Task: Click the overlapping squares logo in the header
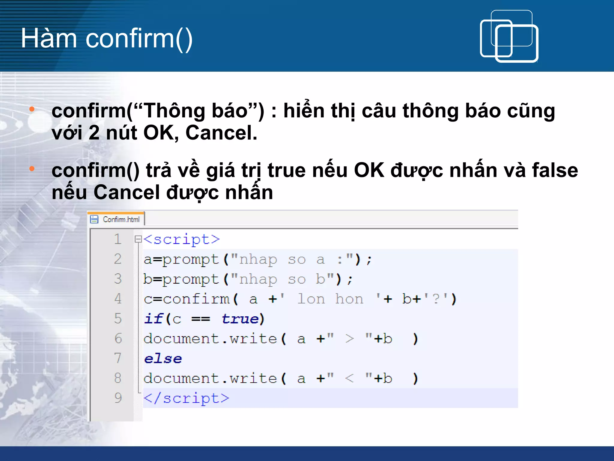tap(509, 37)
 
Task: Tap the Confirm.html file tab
tap(121, 219)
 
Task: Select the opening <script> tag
tap(182, 240)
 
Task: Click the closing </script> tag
tap(186, 398)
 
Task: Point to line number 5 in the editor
tap(118, 318)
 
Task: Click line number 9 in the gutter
tap(118, 398)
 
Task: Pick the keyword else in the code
tap(163, 359)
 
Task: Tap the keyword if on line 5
tap(153, 319)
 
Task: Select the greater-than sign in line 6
tap(349, 339)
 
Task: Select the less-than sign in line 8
tap(349, 378)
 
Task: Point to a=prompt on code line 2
tap(181, 259)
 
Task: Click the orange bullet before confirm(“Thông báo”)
tap(32, 109)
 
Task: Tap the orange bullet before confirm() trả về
tap(32, 169)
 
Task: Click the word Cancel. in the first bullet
tap(221, 133)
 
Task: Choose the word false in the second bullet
tap(555, 170)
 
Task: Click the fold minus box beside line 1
tap(138, 239)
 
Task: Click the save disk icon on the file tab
tap(94, 219)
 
